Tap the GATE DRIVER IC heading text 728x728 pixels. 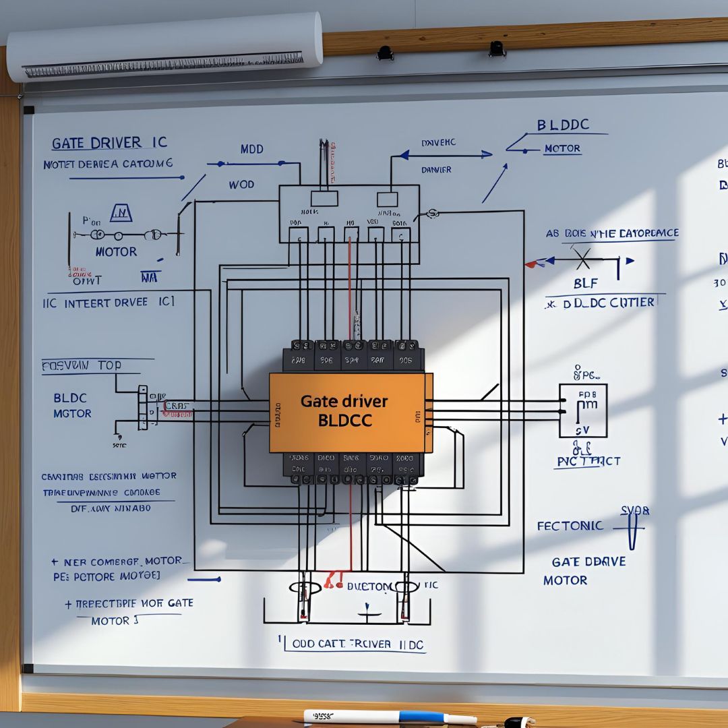[x=109, y=143]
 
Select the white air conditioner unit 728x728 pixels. [x=165, y=46]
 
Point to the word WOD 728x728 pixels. [x=241, y=184]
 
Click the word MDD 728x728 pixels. [x=251, y=149]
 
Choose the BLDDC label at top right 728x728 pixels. [x=563, y=125]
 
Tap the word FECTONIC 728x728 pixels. [x=570, y=526]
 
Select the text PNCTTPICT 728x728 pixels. [x=588, y=461]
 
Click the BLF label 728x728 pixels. [x=585, y=284]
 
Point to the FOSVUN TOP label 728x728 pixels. [x=82, y=365]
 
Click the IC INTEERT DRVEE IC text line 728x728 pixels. [x=109, y=303]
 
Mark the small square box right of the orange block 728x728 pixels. [x=582, y=411]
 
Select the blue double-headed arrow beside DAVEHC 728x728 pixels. [x=445, y=155]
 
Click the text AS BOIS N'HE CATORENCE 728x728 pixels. [x=612, y=233]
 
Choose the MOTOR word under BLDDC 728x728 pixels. [x=562, y=148]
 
